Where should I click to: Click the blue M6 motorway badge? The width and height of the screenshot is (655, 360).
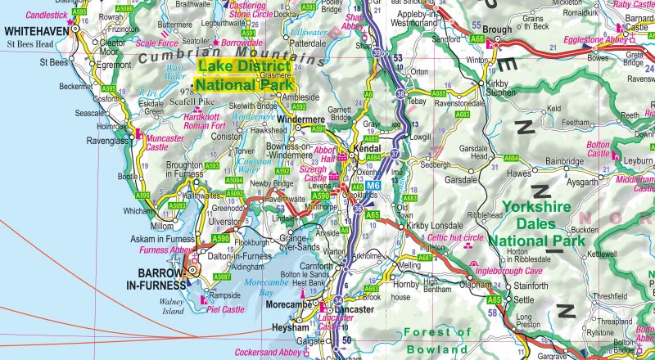(373, 187)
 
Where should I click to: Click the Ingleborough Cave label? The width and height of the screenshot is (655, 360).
(505, 269)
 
